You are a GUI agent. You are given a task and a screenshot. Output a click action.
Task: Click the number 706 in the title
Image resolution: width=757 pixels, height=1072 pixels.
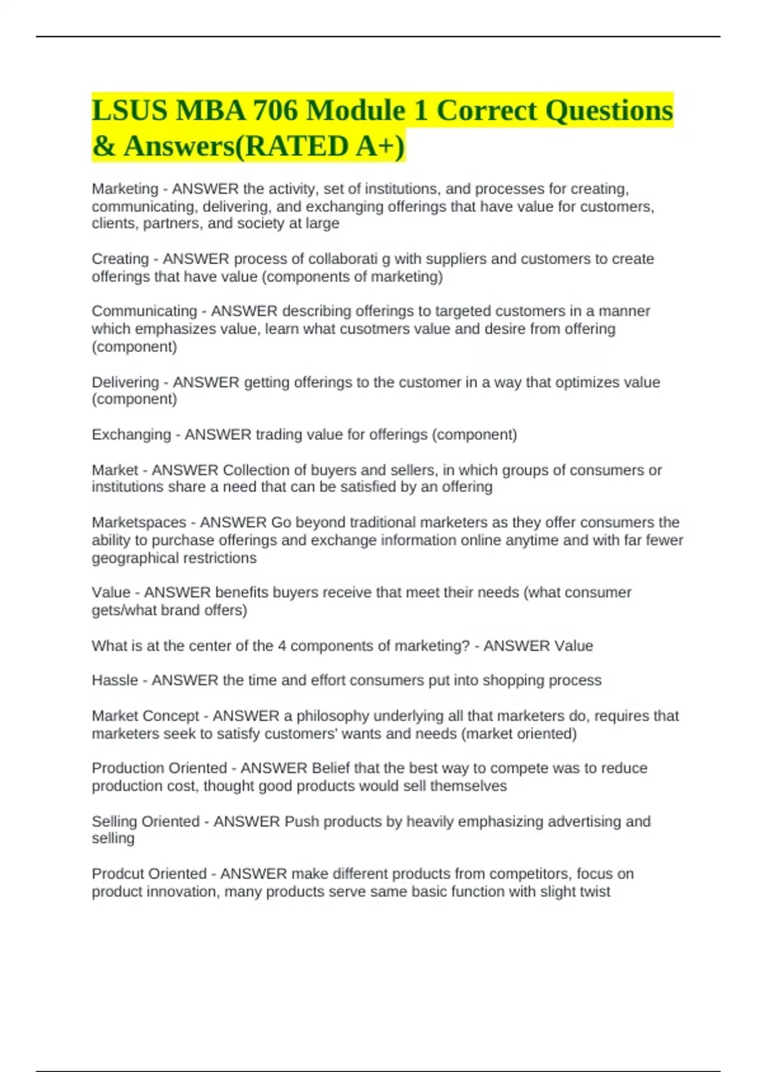click(274, 110)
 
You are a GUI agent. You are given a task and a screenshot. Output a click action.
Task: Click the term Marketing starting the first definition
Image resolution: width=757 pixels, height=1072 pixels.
click(125, 189)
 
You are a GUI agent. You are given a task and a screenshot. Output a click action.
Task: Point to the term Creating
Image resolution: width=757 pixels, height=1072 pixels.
click(120, 259)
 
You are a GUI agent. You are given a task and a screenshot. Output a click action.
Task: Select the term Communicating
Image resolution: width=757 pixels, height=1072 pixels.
click(144, 312)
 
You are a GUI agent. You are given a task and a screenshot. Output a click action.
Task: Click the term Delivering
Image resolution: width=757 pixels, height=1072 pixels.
click(125, 382)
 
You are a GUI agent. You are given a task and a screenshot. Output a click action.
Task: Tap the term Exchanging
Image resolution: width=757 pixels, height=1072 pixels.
click(131, 434)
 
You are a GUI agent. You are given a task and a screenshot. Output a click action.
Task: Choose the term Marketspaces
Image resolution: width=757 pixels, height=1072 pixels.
click(139, 523)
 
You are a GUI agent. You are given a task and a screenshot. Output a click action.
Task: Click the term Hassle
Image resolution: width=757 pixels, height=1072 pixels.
click(114, 680)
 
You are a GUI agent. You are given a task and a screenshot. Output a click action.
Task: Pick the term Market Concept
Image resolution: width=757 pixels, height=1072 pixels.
click(145, 716)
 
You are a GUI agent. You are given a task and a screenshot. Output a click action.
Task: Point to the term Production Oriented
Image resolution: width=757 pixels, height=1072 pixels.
click(159, 769)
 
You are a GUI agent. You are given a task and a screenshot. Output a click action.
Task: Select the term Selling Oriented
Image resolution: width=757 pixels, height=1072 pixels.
click(145, 822)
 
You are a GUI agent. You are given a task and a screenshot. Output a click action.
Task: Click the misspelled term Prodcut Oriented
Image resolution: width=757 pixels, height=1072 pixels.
click(149, 874)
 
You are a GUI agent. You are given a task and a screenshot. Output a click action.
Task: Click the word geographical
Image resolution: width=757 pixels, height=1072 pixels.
click(132, 559)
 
